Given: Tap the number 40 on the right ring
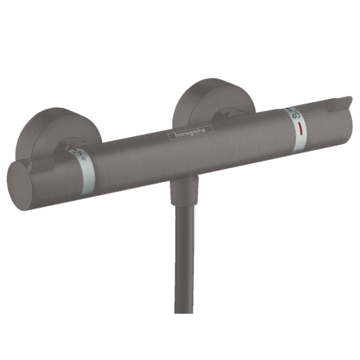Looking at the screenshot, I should [295, 117].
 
